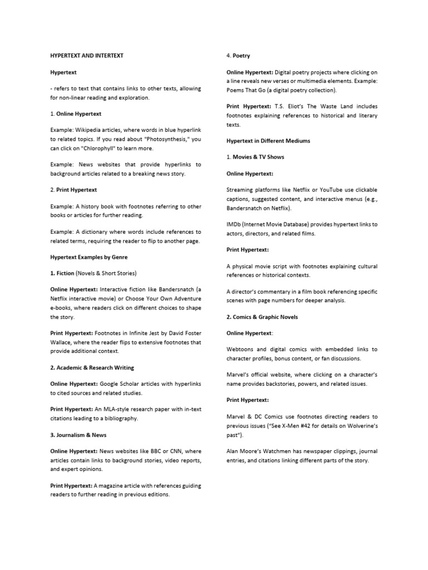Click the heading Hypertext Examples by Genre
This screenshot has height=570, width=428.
pyautogui.click(x=89, y=257)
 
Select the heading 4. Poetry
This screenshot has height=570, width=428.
pyautogui.click(x=238, y=56)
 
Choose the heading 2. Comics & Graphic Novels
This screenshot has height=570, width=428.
pyautogui.click(x=262, y=317)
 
